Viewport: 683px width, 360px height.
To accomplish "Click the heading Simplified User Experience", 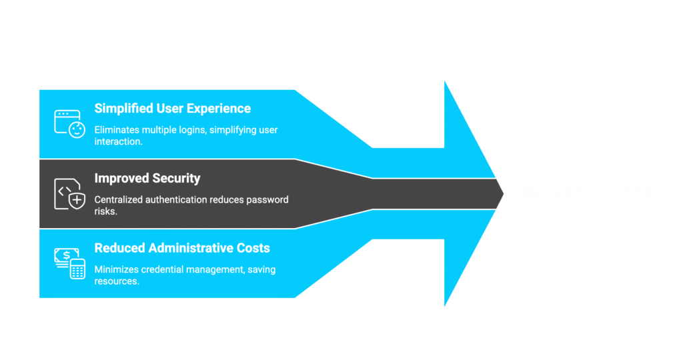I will click(x=173, y=109).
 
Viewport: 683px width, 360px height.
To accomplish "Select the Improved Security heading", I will click(x=147, y=178).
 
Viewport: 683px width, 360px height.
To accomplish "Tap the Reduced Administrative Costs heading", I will click(x=182, y=248).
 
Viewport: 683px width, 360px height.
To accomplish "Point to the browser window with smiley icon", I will click(x=67, y=124).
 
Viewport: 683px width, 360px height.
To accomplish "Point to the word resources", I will click(x=117, y=281).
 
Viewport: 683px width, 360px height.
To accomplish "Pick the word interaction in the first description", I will click(x=119, y=142).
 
